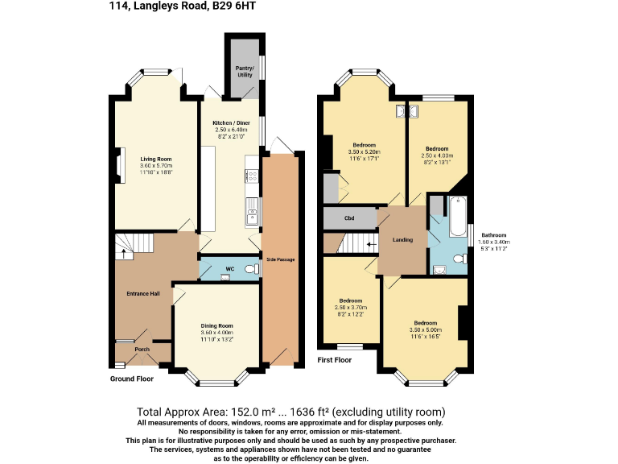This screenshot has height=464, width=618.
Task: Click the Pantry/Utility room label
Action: click(244, 71)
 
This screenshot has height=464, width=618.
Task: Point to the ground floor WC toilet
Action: click(249, 269)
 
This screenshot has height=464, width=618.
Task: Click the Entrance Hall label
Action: click(142, 293)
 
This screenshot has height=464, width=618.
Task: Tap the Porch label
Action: click(142, 349)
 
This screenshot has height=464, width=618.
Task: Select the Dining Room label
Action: click(216, 325)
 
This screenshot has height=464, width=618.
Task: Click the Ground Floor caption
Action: click(132, 378)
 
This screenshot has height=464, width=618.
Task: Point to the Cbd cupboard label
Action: click(349, 218)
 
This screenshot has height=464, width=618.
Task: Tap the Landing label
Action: click(402, 240)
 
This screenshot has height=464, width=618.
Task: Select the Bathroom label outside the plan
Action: click(491, 234)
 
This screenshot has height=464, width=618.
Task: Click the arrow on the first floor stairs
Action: click(371, 242)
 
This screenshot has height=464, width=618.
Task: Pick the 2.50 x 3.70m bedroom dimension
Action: click(351, 307)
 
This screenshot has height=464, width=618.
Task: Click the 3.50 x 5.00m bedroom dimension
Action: click(426, 329)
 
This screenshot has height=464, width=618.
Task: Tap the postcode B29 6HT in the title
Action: click(237, 8)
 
